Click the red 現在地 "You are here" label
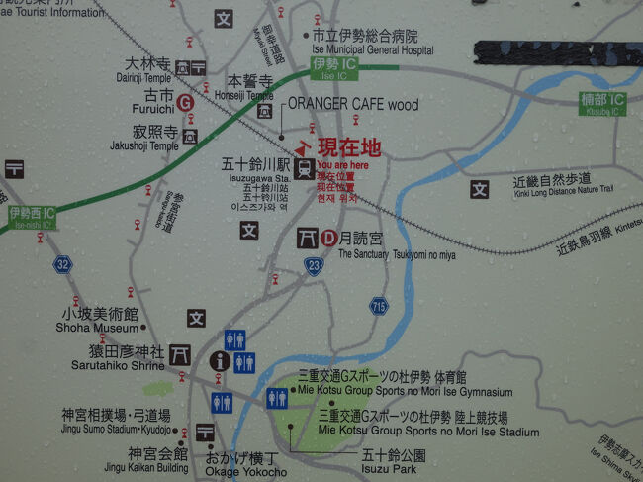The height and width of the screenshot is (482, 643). click(347, 148)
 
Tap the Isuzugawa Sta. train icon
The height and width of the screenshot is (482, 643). click(304, 167)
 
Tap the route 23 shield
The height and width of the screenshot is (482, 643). click(314, 264)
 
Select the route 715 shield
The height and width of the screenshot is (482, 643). click(378, 307)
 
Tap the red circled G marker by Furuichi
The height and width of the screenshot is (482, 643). click(183, 102)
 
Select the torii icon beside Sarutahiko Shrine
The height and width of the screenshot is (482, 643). click(180, 353)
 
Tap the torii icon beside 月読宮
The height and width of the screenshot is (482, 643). click(306, 238)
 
